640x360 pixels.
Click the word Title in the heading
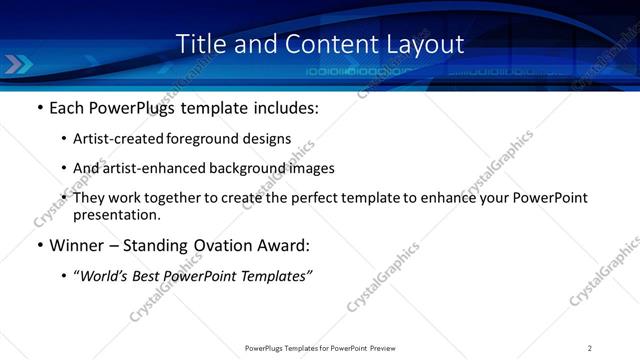(198, 45)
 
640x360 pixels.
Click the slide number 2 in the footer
(590, 347)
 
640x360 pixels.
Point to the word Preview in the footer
(387, 347)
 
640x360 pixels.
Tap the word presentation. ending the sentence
(116, 214)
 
